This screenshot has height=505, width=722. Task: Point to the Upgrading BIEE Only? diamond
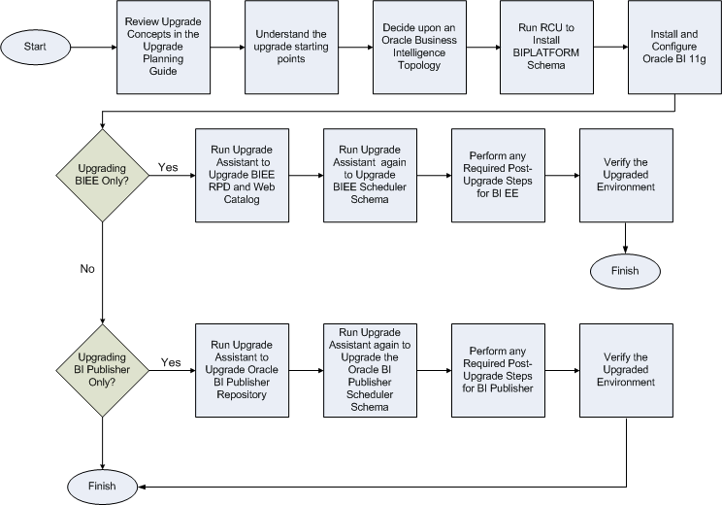102,175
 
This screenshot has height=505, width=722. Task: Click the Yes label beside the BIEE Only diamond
168,167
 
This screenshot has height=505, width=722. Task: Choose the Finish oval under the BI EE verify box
626,270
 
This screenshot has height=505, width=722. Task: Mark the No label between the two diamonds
87,270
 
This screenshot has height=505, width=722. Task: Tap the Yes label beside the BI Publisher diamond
171,363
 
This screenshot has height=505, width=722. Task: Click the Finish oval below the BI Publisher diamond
102,485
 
